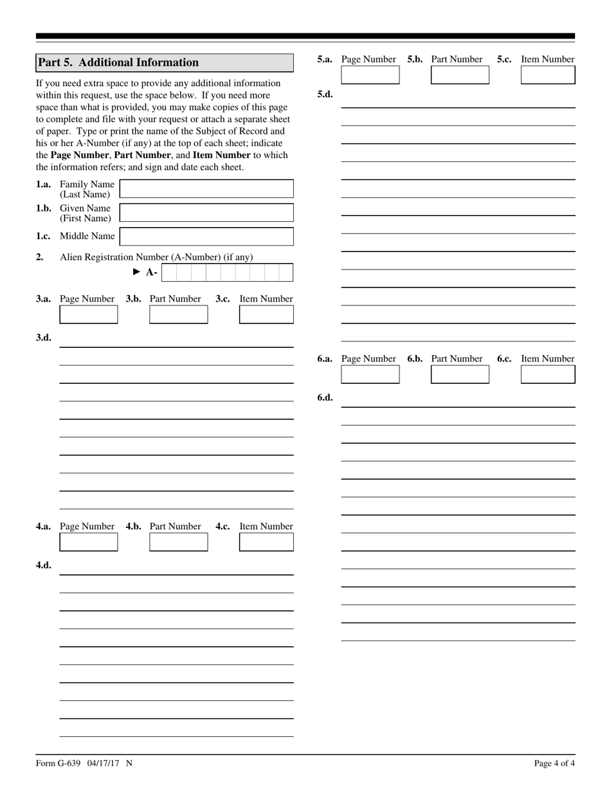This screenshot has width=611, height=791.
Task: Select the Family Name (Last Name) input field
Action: click(x=206, y=189)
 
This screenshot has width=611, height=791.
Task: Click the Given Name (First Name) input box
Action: click(x=206, y=213)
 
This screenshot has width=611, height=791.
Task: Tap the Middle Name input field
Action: click(x=206, y=237)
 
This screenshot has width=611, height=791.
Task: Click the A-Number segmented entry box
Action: click(x=227, y=273)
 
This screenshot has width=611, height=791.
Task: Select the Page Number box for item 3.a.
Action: click(x=89, y=314)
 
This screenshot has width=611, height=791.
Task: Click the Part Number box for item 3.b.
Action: click(x=179, y=314)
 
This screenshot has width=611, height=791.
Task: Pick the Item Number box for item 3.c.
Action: click(x=266, y=314)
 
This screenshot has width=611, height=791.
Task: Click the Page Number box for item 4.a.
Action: click(x=89, y=542)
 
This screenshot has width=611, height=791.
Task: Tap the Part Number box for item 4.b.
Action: click(x=179, y=542)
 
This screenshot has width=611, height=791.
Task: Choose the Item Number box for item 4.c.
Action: click(x=266, y=542)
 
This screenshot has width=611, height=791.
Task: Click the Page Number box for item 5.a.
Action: click(x=370, y=75)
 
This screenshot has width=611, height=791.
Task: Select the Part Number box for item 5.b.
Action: click(x=460, y=75)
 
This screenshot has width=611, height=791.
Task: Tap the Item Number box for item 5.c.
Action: click(x=548, y=75)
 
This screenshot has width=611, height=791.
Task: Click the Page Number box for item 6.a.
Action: click(x=370, y=374)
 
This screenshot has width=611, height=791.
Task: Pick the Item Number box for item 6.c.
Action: click(x=548, y=374)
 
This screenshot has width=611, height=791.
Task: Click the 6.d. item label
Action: click(x=325, y=397)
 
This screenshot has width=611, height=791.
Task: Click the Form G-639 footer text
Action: click(x=84, y=763)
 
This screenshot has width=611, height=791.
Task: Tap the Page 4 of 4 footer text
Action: click(x=554, y=763)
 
